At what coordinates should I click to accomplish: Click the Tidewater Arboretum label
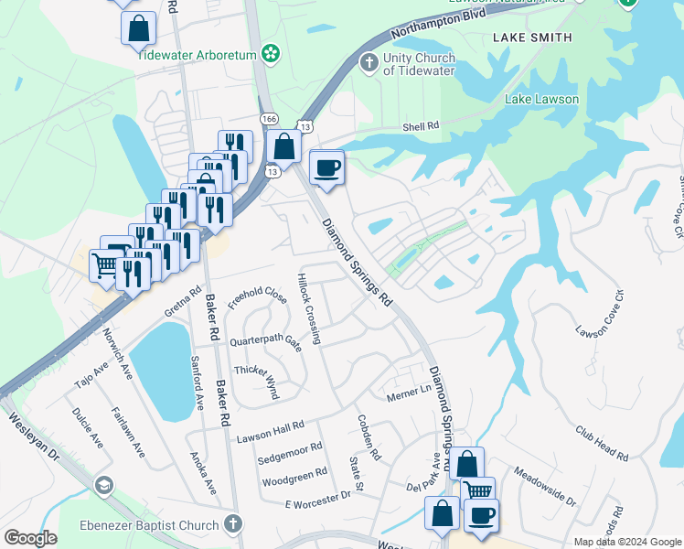(196, 54)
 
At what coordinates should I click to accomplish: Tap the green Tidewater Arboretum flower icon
(270, 55)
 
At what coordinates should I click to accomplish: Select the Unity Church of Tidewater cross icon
(369, 62)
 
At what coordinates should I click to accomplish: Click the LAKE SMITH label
(532, 38)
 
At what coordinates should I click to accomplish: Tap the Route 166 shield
(269, 119)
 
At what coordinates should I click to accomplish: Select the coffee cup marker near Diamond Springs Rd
(326, 167)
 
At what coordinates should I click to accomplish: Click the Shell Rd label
(422, 126)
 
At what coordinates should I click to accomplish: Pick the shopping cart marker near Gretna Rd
(106, 265)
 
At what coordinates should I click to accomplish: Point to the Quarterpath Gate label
(265, 341)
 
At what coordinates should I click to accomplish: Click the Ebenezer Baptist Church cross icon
(233, 525)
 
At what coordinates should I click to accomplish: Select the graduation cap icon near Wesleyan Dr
(104, 485)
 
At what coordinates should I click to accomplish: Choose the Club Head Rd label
(602, 443)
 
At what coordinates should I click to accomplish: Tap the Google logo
(30, 538)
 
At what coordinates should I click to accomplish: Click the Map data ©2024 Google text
(627, 542)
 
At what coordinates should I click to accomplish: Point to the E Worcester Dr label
(318, 498)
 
